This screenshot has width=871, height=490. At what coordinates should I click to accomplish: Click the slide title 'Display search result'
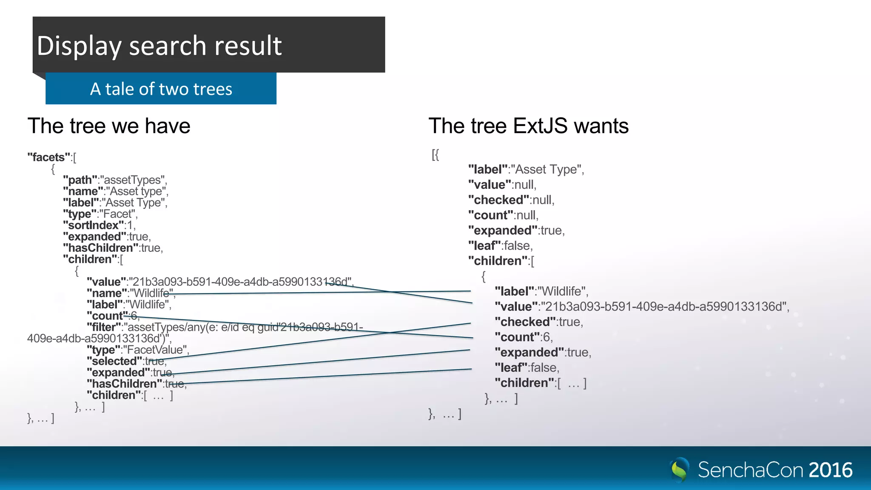(159, 46)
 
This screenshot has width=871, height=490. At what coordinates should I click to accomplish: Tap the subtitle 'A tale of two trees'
(161, 89)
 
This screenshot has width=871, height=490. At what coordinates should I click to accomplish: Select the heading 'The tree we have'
(109, 126)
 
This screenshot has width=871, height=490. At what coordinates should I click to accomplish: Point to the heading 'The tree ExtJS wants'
(528, 126)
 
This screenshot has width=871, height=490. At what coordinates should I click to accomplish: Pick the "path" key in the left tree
(80, 180)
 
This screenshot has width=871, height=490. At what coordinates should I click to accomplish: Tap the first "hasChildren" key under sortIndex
(100, 248)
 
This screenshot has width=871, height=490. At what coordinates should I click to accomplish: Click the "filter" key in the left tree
(104, 327)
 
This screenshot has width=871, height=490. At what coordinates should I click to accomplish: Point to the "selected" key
(114, 361)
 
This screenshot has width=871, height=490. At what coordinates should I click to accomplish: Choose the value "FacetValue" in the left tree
(156, 350)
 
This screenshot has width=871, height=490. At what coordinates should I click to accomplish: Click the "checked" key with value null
(498, 200)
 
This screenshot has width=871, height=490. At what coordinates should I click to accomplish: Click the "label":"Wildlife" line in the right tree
(541, 291)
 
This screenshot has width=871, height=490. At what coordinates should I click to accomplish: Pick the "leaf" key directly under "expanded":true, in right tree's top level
(484, 246)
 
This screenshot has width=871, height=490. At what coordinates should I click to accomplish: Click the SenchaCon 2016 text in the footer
(775, 470)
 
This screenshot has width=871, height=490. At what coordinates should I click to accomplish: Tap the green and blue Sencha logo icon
(680, 470)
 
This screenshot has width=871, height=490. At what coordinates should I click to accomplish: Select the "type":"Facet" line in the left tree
(100, 214)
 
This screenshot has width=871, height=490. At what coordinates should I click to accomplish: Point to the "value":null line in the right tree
(502, 185)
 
